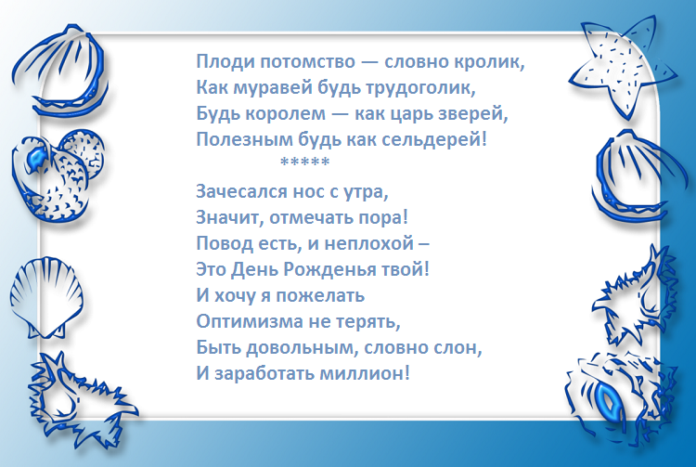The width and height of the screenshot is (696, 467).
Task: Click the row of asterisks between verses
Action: click(304, 165)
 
